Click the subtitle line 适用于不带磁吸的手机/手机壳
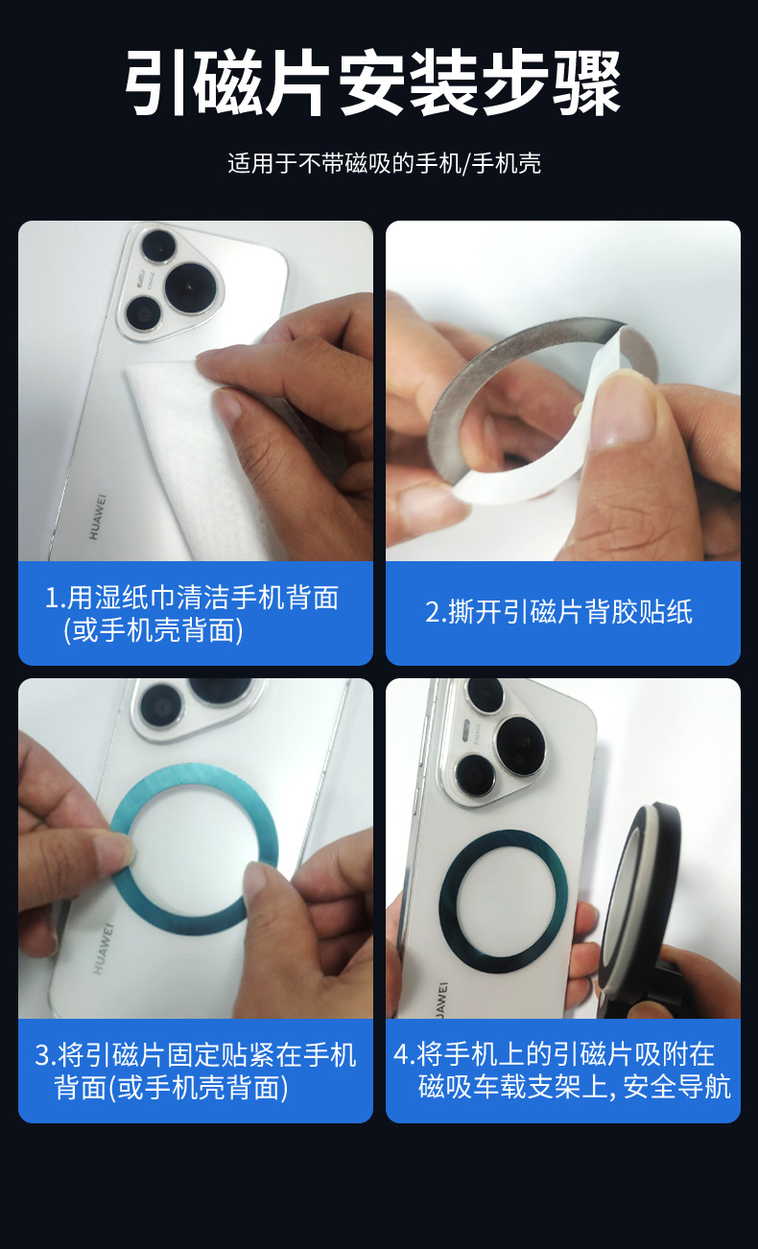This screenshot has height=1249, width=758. (384, 163)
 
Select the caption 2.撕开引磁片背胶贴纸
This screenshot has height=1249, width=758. (558, 612)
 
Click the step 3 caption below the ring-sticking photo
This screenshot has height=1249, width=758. (195, 1072)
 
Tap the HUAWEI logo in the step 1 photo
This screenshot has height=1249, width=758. (97, 516)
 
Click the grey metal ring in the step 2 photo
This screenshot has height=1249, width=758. (451, 403)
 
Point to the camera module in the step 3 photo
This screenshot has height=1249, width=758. (192, 705)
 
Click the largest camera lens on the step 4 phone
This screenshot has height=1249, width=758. (522, 745)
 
